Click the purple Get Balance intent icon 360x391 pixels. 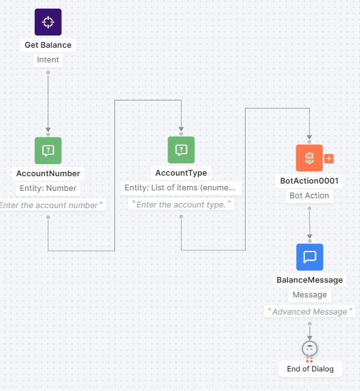(x=48, y=22)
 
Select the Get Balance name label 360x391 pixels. (x=48, y=45)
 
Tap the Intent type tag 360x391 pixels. (x=48, y=60)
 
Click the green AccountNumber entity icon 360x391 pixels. (x=48, y=150)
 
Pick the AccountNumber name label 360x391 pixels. (x=48, y=173)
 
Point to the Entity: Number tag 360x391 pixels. (x=48, y=188)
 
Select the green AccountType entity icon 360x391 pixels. (x=181, y=150)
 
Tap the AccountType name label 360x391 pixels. (x=181, y=173)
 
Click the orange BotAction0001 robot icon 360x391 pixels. (x=309, y=158)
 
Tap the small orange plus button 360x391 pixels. (x=329, y=158)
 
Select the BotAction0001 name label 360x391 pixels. (x=309, y=181)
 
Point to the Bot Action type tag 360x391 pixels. (x=309, y=196)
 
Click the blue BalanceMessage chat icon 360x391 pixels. (x=309, y=257)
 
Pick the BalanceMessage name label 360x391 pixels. (x=309, y=280)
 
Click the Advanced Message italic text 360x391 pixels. (x=310, y=312)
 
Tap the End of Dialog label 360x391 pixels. (x=310, y=369)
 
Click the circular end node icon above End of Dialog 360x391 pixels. (x=310, y=349)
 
